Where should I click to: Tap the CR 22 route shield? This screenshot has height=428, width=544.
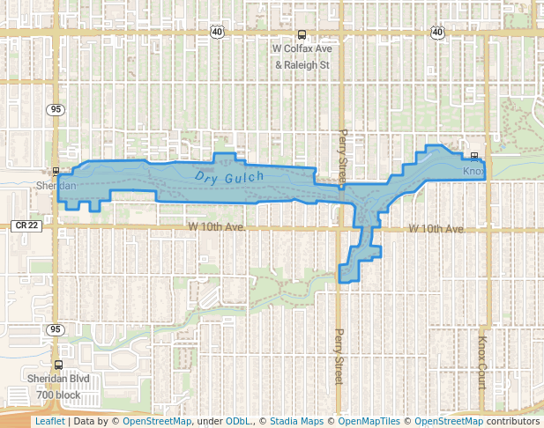tap(27, 225)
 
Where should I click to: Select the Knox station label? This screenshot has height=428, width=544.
tap(473, 171)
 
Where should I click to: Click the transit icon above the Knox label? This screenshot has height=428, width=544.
tap(473, 158)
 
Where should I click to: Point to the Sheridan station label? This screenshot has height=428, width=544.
tap(56, 186)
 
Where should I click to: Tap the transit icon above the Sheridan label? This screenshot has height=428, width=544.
tap(56, 172)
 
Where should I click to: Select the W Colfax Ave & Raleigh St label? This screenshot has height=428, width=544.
tap(302, 56)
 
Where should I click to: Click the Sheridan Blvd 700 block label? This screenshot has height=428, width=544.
tap(58, 388)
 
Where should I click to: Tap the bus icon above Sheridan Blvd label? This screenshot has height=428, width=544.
tap(58, 365)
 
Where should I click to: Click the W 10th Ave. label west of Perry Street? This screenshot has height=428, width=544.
tap(216, 228)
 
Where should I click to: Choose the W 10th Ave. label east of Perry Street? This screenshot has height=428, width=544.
tap(436, 229)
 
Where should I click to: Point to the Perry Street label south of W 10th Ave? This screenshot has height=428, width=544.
tap(338, 357)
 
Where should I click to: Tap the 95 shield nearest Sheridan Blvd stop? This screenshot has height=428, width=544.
tap(56, 329)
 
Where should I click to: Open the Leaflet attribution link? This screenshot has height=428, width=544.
tap(49, 422)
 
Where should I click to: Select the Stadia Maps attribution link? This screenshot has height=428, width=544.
tap(294, 422)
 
